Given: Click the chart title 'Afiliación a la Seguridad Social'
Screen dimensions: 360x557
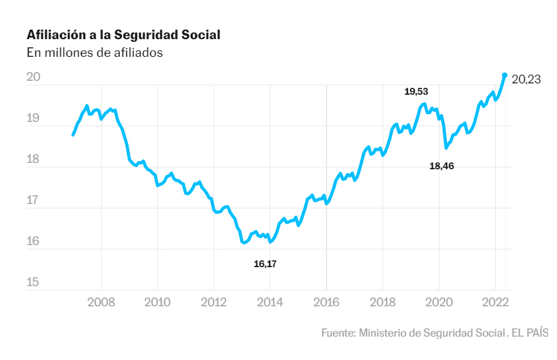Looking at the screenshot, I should [x=123, y=35].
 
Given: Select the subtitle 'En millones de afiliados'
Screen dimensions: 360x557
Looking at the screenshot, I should [x=95, y=53].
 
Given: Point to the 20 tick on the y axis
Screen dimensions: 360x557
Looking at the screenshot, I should [x=33, y=78].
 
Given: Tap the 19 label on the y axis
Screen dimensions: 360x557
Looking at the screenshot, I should [x=33, y=118].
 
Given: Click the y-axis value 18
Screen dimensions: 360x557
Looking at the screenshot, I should [x=33, y=159].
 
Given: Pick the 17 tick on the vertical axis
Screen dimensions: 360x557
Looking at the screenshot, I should [x=33, y=200].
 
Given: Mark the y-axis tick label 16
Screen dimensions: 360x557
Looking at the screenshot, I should [x=33, y=241].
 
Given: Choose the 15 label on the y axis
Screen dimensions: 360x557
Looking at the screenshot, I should [x=33, y=282].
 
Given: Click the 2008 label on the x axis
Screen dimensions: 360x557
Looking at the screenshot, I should [x=101, y=302].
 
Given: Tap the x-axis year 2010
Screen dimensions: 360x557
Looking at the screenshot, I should [x=157, y=302].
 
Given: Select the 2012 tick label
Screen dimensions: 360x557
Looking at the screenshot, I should [x=213, y=302].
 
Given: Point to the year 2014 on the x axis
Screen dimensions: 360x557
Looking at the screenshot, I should [x=270, y=302].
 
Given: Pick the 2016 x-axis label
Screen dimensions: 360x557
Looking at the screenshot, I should [x=326, y=302].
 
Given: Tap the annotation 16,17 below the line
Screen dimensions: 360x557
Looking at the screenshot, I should [x=265, y=264].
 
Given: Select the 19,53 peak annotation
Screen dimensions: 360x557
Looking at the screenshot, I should [x=416, y=92].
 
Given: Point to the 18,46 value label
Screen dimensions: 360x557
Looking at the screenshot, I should [x=441, y=166].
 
